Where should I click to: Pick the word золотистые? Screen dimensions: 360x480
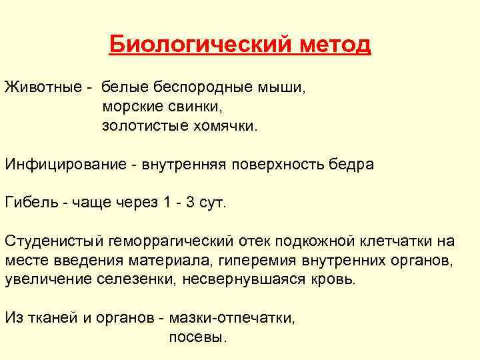(140, 125)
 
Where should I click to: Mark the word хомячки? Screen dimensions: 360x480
(219, 125)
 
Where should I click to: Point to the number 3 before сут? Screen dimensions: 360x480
(191, 203)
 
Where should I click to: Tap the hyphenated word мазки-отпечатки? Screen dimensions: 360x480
(232, 318)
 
